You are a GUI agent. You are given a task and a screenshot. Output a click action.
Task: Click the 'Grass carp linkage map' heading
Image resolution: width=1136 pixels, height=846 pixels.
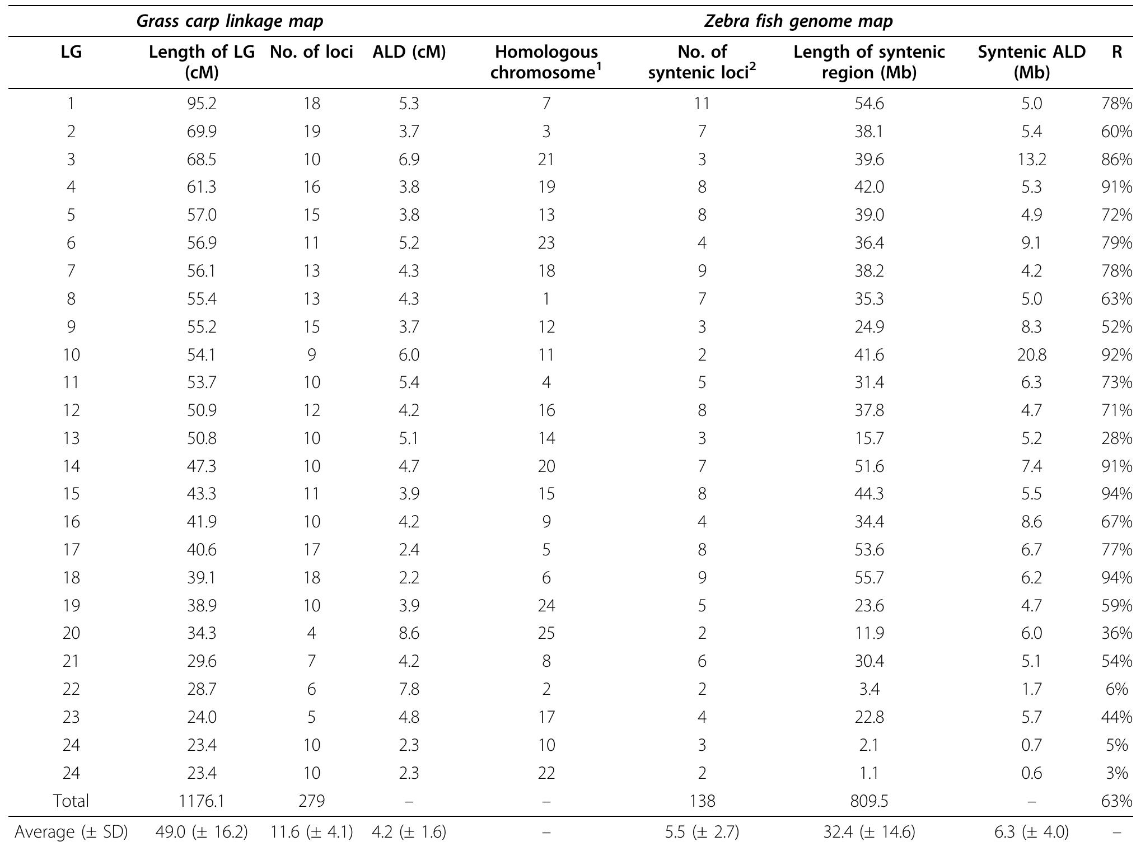point(230,21)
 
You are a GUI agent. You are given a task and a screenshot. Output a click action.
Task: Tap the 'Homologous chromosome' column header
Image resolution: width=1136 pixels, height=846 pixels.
point(546,62)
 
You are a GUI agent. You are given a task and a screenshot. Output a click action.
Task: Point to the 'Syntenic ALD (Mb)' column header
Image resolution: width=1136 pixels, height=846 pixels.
point(1031,62)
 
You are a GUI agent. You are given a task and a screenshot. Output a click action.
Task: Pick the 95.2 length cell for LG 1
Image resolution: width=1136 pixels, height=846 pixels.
point(202,104)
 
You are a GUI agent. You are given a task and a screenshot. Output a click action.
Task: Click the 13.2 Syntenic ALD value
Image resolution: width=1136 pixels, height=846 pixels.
point(1031,160)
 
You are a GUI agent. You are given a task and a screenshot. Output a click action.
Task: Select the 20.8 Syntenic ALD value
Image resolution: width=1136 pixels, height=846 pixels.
point(1031,355)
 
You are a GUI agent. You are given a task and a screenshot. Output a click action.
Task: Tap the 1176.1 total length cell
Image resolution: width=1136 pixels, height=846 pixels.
point(202,801)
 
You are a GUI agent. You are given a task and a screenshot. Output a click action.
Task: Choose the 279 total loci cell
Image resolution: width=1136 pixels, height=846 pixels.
point(311,801)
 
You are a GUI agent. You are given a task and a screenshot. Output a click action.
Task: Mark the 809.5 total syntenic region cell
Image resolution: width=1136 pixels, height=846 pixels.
point(869,801)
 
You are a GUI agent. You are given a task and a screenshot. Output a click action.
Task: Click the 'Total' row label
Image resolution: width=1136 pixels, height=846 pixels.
point(71,801)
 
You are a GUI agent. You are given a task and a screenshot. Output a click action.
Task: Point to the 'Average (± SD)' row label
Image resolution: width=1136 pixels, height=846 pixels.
point(71,832)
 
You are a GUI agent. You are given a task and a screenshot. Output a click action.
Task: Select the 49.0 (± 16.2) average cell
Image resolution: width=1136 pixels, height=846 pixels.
point(202,832)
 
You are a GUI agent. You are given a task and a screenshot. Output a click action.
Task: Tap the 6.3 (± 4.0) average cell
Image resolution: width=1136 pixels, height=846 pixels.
point(1031,832)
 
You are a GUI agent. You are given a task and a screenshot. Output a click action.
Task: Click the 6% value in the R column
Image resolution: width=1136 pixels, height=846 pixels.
point(1117,689)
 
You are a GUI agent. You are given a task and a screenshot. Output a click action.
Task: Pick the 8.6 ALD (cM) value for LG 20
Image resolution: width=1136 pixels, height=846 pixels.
point(409,633)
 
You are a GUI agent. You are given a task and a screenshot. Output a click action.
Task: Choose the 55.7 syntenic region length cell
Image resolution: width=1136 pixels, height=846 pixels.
point(869,578)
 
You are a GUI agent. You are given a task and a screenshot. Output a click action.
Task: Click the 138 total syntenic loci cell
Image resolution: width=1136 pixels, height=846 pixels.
point(702,801)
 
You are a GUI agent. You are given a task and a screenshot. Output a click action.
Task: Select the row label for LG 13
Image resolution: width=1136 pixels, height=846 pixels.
point(71,438)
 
